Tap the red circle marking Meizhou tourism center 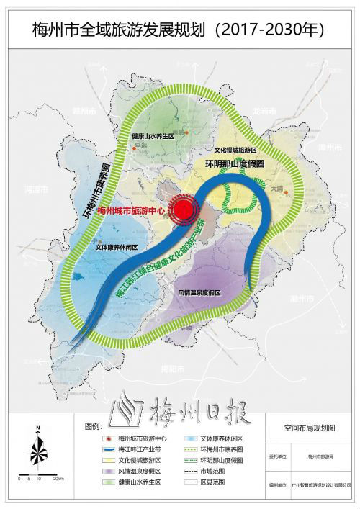pyautogui.click(x=185, y=209)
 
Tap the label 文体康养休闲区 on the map pyautogui.click(x=118, y=246)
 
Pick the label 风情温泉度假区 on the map pyautogui.click(x=199, y=292)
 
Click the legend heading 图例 pyautogui.click(x=95, y=425)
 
